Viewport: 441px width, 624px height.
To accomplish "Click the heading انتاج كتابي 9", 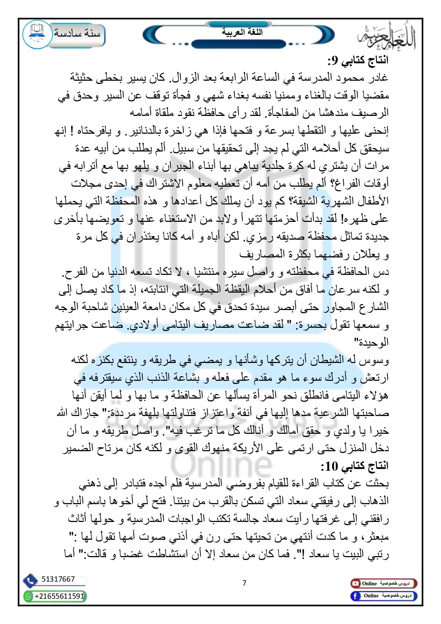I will (358, 60).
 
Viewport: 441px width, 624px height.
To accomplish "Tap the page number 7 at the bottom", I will (244, 583).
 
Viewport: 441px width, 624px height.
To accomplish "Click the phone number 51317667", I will (58, 579).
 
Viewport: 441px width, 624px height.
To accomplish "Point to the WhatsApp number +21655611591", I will (59, 596).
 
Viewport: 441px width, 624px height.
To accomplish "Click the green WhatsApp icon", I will (28, 596).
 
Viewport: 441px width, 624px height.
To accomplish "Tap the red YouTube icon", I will (355, 583).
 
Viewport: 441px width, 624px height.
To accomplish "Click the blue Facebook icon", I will (355, 596).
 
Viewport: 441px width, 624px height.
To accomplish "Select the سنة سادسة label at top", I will (77, 33).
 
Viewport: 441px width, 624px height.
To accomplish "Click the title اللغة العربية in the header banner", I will (242, 32).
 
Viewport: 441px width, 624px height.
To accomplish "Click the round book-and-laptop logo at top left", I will (37, 34).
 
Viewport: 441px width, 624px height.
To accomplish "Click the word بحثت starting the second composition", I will (377, 484).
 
